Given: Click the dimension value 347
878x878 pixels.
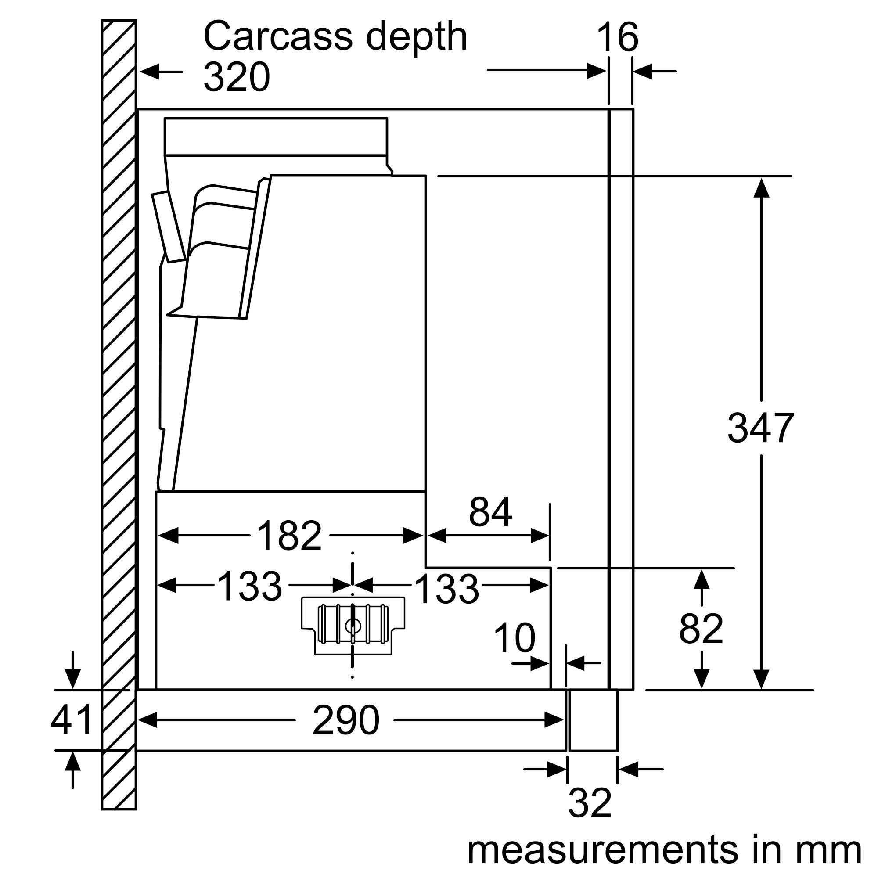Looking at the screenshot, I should (x=760, y=428).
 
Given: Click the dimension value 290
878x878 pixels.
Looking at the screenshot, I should (x=345, y=721).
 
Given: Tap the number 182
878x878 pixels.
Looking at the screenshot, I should (x=289, y=536).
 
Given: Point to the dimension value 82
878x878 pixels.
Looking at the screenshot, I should (x=701, y=629).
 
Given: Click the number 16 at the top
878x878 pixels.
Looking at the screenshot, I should (x=617, y=37).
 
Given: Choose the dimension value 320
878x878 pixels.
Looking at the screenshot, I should (x=236, y=77).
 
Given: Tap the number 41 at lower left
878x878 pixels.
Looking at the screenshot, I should (x=72, y=720).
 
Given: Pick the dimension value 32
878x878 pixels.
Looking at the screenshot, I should (x=590, y=803).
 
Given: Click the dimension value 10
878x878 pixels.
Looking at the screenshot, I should (x=515, y=638).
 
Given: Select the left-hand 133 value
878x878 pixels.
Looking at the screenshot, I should (x=249, y=586).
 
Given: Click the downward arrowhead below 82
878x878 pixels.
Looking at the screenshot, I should (x=702, y=679).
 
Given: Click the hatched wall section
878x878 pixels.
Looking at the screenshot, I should (x=119, y=409).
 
